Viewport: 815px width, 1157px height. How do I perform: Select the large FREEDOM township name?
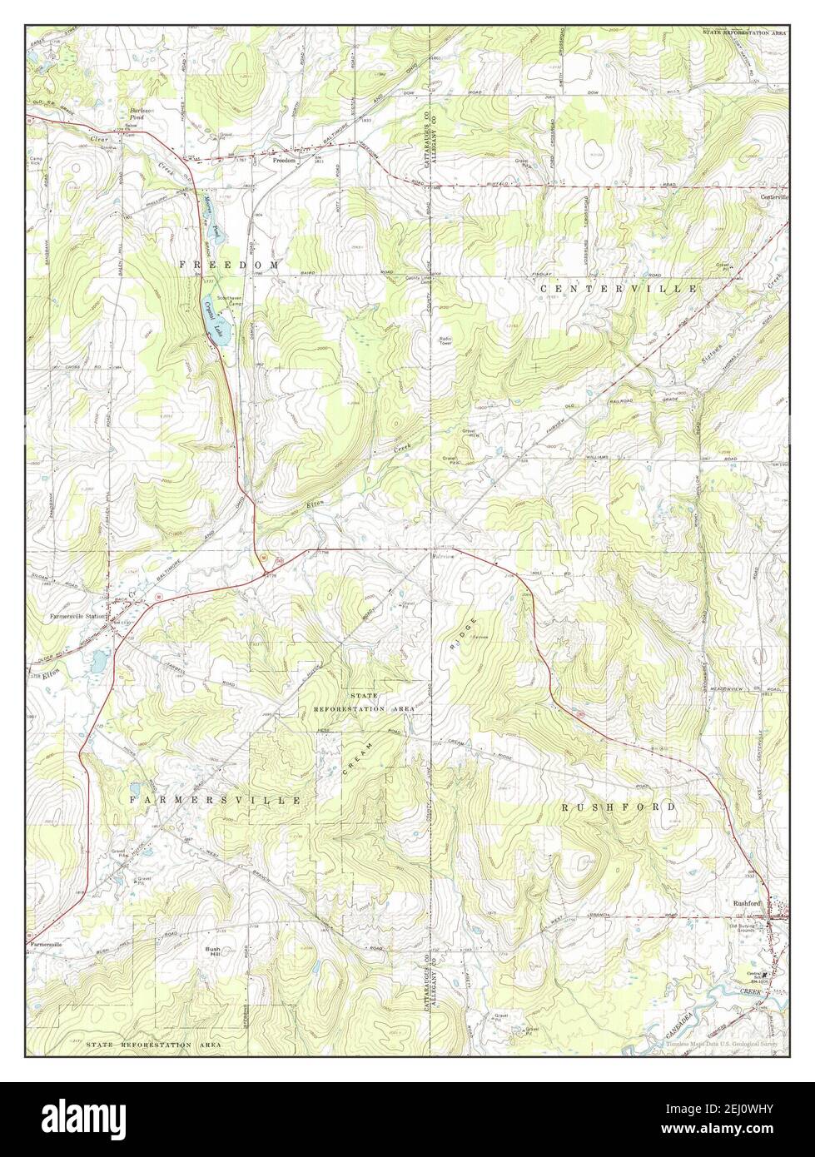226,264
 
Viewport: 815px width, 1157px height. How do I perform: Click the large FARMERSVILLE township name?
215,799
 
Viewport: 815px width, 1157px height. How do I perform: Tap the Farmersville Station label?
77,617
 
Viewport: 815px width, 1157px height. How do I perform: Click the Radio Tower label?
447,340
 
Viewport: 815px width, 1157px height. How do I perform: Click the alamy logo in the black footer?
75,1119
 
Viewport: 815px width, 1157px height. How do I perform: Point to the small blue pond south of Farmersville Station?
98,663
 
